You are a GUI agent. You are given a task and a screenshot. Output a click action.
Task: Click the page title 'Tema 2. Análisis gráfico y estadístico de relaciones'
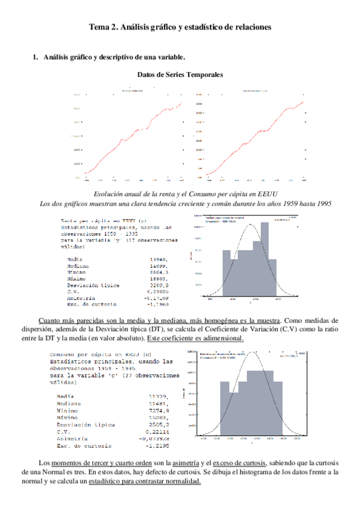tap(180, 27)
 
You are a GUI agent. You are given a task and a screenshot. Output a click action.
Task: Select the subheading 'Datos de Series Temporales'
tap(180, 75)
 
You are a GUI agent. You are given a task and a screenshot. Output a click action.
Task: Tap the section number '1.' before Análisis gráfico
tap(35, 57)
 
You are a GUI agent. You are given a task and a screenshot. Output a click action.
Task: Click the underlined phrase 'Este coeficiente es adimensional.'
tap(197, 338)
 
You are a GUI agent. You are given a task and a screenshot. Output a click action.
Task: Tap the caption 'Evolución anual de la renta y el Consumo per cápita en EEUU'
tap(180, 194)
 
